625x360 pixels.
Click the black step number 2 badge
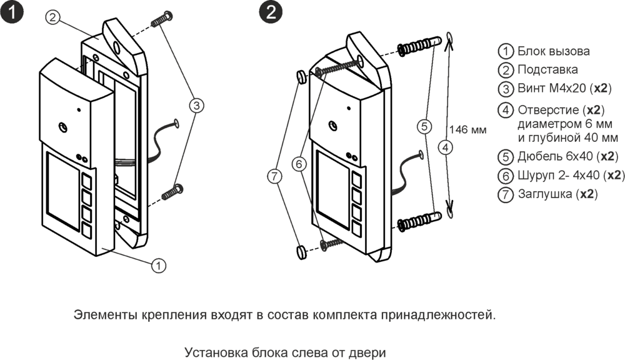(270, 12)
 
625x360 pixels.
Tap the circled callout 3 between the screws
(196, 105)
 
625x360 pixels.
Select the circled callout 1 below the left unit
(159, 265)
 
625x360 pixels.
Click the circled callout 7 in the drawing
(274, 177)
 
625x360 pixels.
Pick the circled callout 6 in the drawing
(300, 164)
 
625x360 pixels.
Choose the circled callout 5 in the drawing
(424, 126)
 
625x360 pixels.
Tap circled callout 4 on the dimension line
(444, 148)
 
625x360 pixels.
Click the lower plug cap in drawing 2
(302, 251)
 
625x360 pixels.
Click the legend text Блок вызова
(553, 51)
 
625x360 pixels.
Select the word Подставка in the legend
(547, 69)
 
